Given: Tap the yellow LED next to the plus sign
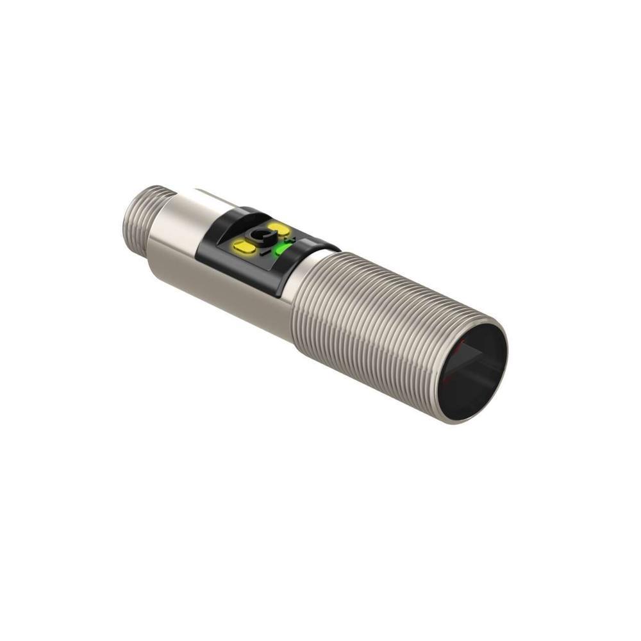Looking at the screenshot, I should pyautogui.click(x=279, y=229).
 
